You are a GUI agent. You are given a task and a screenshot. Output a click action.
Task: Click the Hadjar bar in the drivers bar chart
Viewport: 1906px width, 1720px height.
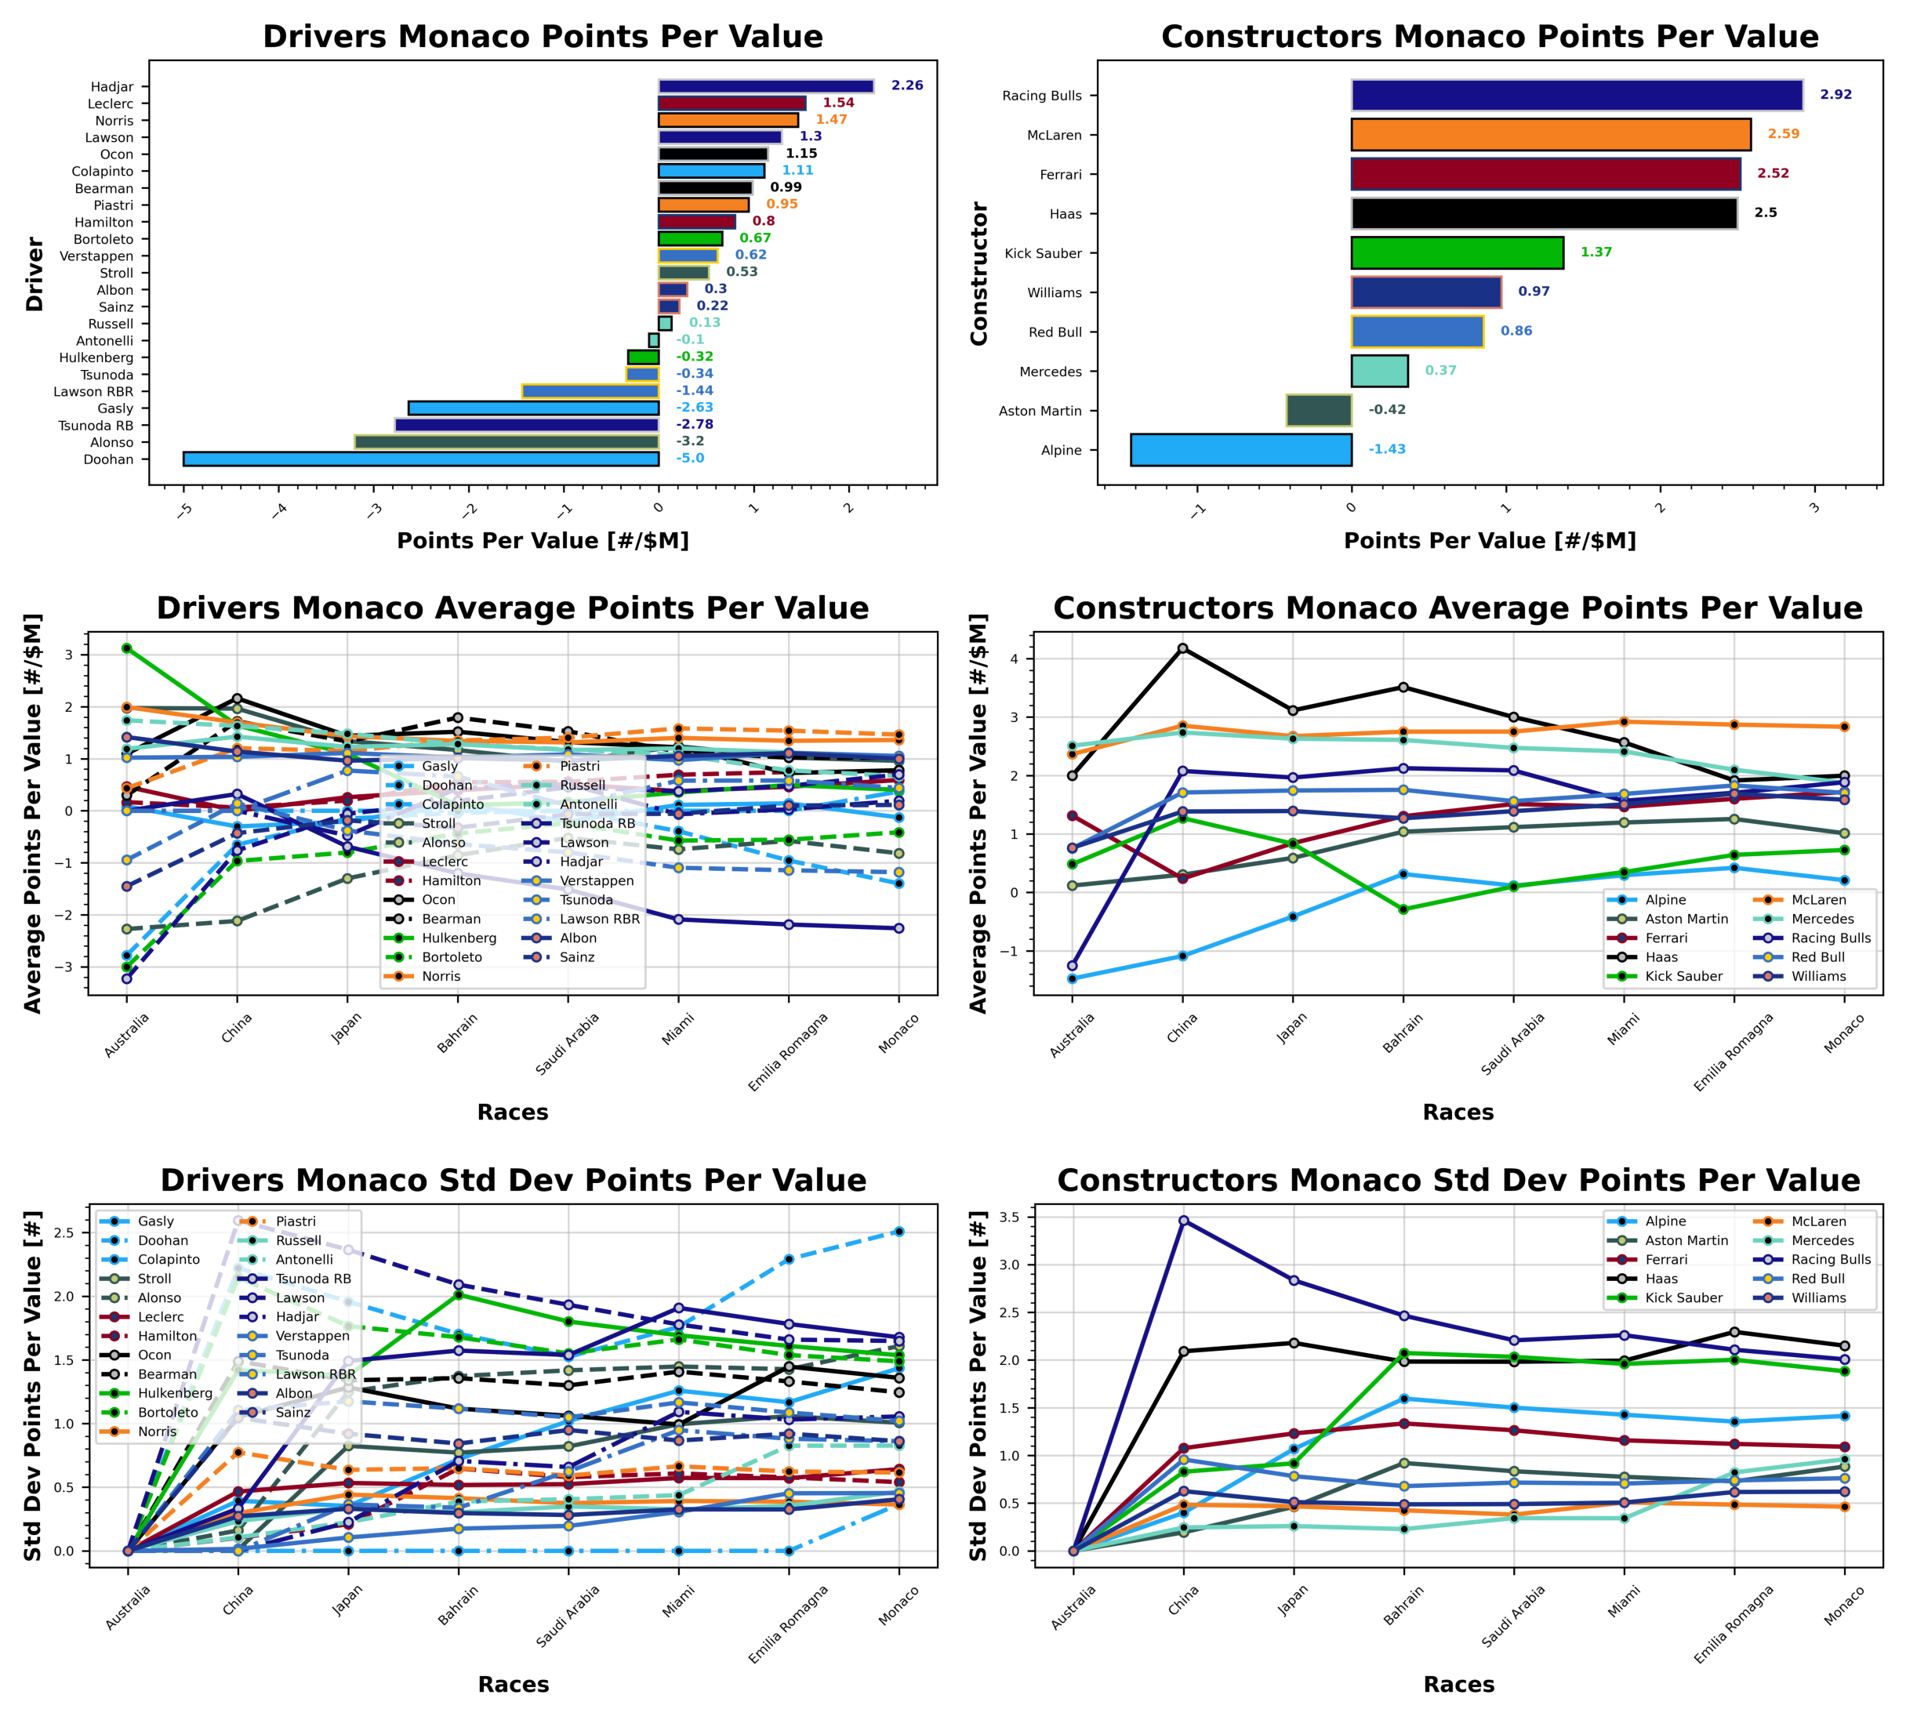coord(765,86)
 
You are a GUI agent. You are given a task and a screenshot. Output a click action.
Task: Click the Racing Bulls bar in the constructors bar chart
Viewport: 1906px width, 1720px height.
coord(1576,96)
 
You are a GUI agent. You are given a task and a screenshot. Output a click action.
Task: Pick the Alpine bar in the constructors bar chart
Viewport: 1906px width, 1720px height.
coord(1241,450)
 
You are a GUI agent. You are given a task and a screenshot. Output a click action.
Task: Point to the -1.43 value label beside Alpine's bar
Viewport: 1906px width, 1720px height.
coord(1387,449)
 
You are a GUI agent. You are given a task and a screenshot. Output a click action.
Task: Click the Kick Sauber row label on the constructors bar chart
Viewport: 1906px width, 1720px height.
coord(1044,253)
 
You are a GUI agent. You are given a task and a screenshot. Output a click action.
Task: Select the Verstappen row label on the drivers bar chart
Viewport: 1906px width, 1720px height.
coord(96,256)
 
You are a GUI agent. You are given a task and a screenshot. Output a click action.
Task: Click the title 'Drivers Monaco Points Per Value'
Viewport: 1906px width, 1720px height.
coord(543,37)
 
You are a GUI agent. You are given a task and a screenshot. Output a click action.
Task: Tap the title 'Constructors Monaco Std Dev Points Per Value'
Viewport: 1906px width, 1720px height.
coord(1458,1181)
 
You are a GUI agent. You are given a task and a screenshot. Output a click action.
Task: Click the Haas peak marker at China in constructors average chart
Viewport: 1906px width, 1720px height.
coord(1182,648)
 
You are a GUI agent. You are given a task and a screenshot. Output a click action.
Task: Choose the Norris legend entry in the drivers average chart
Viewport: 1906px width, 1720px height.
coord(441,976)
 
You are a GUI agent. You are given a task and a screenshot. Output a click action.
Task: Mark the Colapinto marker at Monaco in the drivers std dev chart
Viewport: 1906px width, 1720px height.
coord(899,1232)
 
